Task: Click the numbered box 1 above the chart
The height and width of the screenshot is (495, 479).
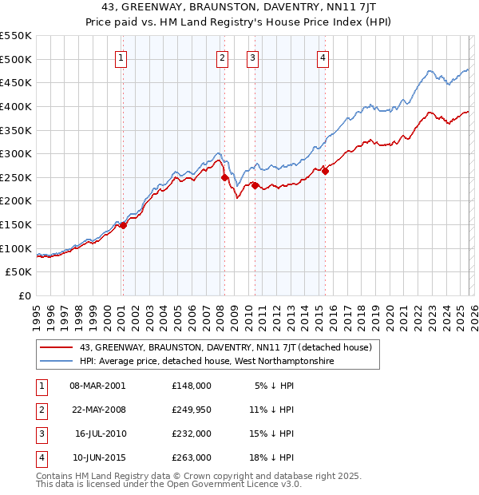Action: [121, 57]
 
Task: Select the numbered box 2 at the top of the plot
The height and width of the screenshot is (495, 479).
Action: [222, 57]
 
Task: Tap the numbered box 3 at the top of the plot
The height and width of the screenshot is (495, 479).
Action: [252, 57]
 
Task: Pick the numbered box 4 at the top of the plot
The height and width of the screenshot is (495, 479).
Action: [323, 57]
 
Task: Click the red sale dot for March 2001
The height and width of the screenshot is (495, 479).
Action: [123, 226]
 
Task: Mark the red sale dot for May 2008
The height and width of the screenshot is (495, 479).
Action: [224, 177]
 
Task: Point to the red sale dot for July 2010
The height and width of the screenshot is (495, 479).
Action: [255, 185]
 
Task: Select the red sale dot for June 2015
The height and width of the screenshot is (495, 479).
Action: [325, 171]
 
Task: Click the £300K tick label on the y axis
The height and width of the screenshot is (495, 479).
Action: [16, 153]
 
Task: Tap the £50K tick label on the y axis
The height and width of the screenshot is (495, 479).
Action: [19, 272]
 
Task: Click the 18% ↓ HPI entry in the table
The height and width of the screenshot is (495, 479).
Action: [271, 457]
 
